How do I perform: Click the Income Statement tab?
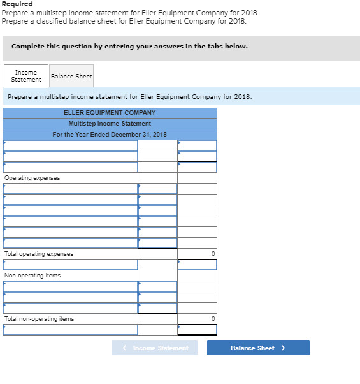[26, 76]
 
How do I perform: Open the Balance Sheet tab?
[71, 76]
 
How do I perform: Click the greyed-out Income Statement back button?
[155, 348]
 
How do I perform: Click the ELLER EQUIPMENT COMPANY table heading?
[110, 113]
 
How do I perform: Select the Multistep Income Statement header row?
[110, 124]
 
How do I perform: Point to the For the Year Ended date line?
[110, 135]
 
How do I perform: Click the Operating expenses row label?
[32, 178]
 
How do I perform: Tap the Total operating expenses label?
[39, 254]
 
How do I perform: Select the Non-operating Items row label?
[32, 276]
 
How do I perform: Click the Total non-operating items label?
[40, 319]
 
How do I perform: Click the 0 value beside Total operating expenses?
[213, 254]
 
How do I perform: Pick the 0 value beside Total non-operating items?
[213, 319]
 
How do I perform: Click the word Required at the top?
[17, 4]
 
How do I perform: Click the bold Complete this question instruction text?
[129, 47]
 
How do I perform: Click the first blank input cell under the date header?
[70, 145]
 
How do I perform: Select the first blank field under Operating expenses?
[70, 189]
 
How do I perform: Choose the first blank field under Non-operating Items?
[70, 286]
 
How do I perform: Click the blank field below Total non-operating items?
[70, 330]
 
